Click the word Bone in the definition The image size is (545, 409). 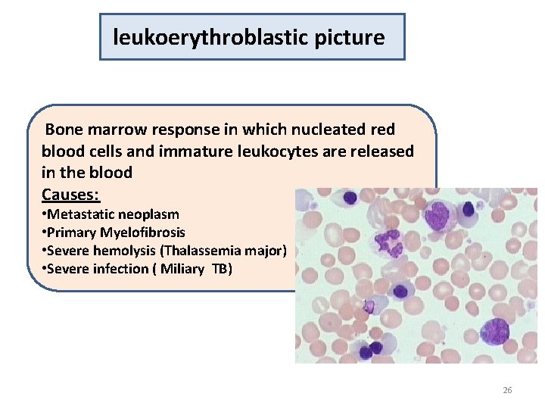pyautogui.click(x=64, y=130)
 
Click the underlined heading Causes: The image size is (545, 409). pyautogui.click(x=70, y=194)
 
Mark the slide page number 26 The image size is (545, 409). pyautogui.click(x=507, y=390)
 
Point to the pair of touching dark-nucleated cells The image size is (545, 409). pyautogui.click(x=372, y=351)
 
